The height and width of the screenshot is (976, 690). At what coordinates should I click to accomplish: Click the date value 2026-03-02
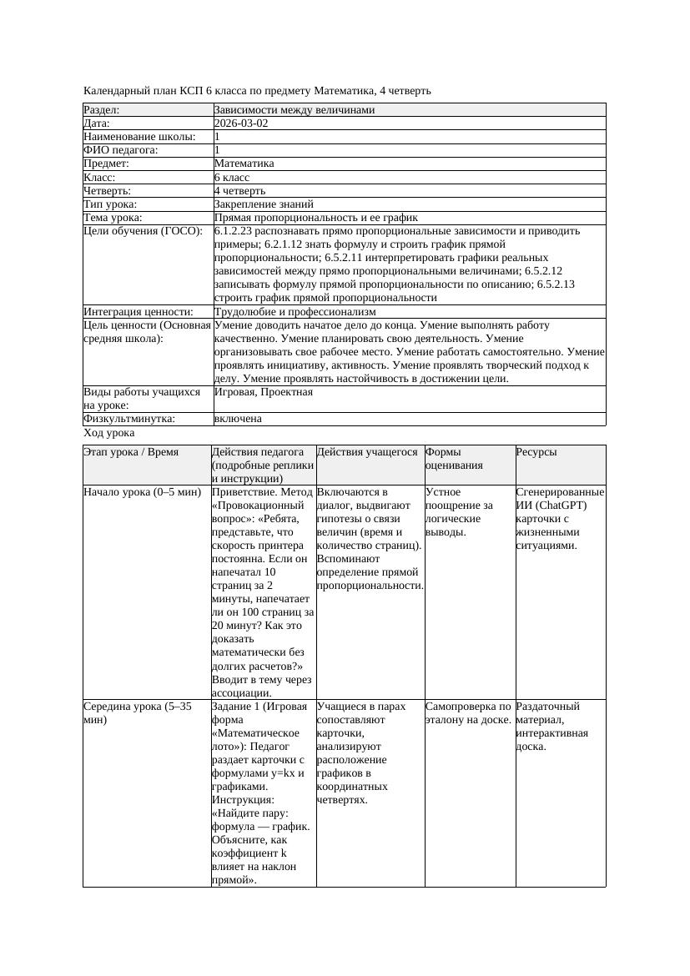click(241, 123)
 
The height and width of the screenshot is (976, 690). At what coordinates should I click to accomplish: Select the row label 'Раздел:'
click(102, 110)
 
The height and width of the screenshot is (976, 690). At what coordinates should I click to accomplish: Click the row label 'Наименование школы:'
click(140, 137)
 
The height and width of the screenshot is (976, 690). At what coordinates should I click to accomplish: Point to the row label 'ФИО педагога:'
click(121, 150)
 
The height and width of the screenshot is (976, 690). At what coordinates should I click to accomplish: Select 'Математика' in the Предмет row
click(244, 164)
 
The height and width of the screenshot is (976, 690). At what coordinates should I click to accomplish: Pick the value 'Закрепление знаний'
click(264, 204)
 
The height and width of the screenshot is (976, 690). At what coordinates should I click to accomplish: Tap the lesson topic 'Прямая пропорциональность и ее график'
click(315, 218)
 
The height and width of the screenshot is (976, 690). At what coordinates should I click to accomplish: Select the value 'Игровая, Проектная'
click(264, 392)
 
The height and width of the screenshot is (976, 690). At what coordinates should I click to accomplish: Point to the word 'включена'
click(238, 419)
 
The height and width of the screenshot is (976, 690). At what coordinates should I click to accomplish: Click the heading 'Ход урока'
click(109, 433)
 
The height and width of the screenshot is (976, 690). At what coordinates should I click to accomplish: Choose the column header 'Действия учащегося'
click(367, 452)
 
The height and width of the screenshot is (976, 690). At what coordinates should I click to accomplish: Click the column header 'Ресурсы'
click(536, 452)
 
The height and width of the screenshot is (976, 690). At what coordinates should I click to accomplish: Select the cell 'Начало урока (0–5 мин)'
click(143, 492)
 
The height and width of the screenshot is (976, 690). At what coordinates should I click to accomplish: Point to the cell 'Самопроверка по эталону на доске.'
click(468, 713)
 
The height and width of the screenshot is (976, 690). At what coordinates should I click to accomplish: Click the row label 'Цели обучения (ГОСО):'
click(144, 231)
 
